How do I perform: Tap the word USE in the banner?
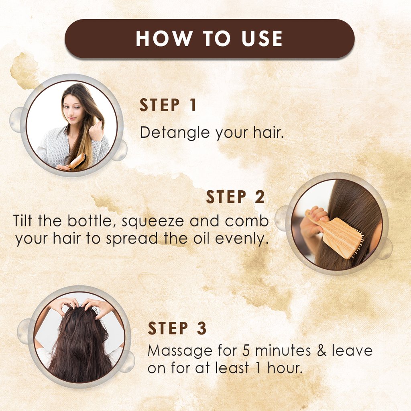(262, 39)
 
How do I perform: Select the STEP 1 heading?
(168, 105)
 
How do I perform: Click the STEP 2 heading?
(235, 197)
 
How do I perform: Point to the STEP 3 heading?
(177, 328)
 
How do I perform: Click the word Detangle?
(175, 133)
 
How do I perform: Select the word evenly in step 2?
(242, 239)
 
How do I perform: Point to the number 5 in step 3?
(246, 351)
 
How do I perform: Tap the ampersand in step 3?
(321, 351)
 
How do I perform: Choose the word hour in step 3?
(285, 368)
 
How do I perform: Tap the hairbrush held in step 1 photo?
(75, 162)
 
